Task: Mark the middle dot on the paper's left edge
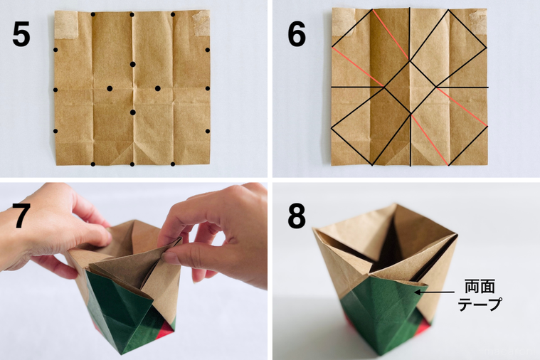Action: [x=55, y=90]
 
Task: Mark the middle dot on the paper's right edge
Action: [x=208, y=89]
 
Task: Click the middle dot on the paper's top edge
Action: [x=132, y=14]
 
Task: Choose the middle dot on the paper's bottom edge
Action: [x=133, y=164]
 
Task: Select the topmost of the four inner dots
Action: [x=133, y=65]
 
